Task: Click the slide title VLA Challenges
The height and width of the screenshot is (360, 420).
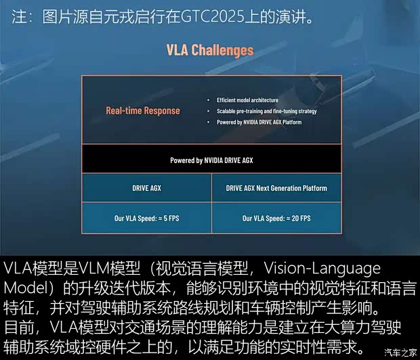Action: [210, 50]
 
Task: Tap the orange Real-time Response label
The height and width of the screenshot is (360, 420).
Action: [143, 111]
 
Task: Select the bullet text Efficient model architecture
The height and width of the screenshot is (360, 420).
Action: [247, 100]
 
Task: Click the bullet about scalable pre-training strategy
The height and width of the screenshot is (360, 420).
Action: [267, 111]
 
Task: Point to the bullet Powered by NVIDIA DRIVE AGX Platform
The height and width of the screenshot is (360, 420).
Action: [259, 122]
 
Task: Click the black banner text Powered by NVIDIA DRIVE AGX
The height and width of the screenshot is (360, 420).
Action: [211, 160]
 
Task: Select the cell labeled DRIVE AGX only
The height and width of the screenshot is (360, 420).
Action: [147, 188]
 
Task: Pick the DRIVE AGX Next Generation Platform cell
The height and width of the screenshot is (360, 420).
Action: [276, 188]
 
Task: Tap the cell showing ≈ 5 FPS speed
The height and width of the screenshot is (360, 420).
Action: [147, 218]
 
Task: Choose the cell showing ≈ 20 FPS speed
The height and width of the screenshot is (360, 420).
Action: [276, 218]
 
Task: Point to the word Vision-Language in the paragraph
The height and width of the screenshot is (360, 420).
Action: [322, 269]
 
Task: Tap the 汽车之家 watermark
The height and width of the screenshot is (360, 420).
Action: [401, 353]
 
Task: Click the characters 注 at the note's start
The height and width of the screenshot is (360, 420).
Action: [19, 17]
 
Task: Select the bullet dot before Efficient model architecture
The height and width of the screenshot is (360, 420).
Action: [209, 100]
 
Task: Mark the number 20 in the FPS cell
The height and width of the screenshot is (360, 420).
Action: [295, 218]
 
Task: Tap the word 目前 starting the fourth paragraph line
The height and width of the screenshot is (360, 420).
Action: [19, 328]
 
